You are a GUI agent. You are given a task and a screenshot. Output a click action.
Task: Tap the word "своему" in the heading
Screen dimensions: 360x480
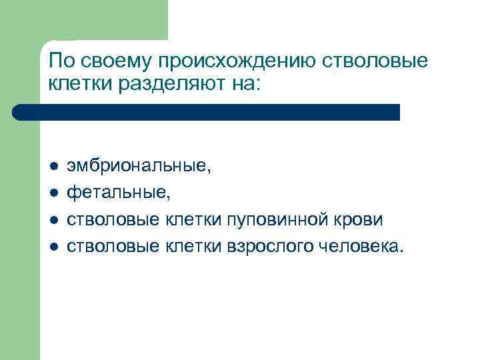coord(113,62)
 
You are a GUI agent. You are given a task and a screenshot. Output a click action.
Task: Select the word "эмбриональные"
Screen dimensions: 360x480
coord(138,166)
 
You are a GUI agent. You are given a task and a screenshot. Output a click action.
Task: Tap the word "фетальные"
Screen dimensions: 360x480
coord(118,193)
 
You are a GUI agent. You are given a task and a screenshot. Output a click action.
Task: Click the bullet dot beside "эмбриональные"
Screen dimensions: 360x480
coord(53,167)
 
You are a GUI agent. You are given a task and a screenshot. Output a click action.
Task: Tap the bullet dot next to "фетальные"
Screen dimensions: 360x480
coord(53,193)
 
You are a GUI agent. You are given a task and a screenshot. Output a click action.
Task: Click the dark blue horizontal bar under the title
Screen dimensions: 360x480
coord(207,112)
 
